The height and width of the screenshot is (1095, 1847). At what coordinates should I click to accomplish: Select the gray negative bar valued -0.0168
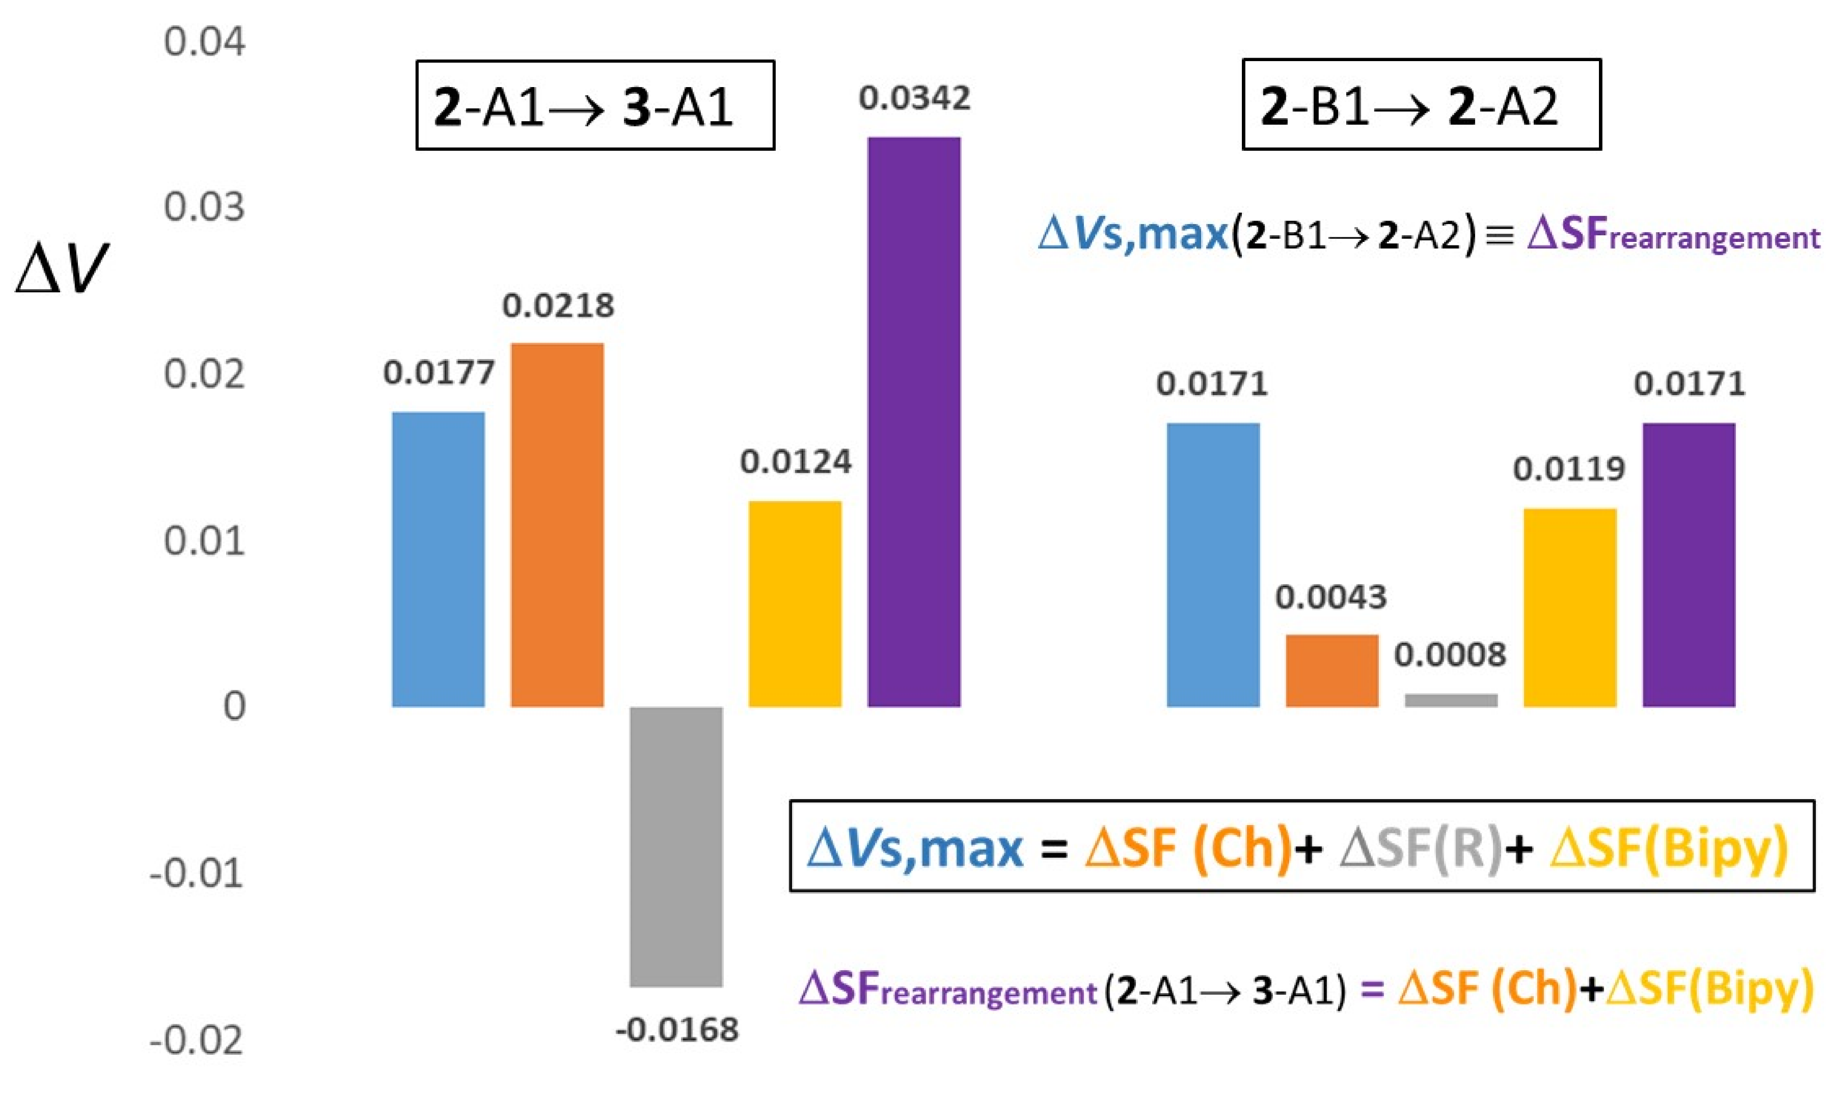point(676,846)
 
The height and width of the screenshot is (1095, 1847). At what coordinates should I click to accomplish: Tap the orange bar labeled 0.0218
point(557,525)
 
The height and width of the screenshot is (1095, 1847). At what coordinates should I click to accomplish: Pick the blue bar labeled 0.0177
point(439,559)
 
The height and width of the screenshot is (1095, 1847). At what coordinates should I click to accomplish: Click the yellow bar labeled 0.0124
point(795,604)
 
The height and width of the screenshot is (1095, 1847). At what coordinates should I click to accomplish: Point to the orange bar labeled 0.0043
point(1332,670)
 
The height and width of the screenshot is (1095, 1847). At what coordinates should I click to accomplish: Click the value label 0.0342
point(914,99)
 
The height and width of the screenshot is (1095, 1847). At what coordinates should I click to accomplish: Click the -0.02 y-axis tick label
point(196,1041)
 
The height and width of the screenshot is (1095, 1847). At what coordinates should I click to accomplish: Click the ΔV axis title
point(62,269)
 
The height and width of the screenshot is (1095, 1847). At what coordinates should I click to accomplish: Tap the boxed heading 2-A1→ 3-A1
point(595,105)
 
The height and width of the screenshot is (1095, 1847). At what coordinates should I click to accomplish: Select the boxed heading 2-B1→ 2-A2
point(1421,105)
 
